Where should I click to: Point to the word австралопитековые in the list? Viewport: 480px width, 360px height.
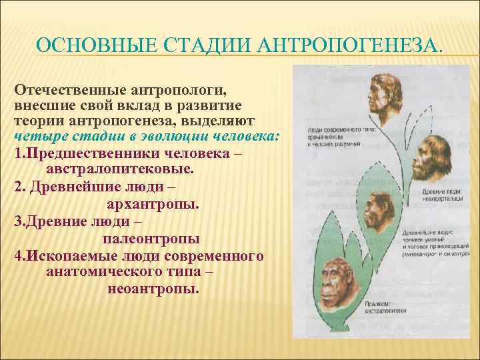pyautogui.click(x=120, y=169)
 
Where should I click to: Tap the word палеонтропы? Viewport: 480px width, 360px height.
pyautogui.click(x=151, y=238)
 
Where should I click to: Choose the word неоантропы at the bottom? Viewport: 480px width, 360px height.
pyautogui.click(x=152, y=289)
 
